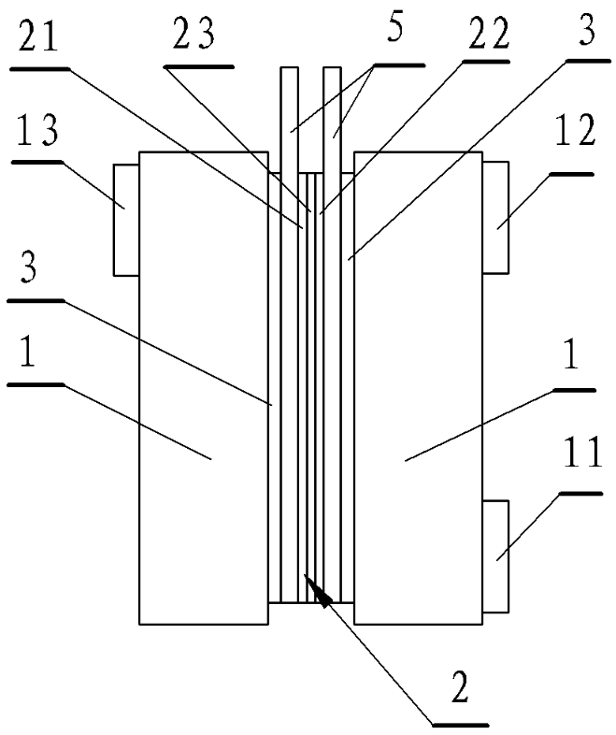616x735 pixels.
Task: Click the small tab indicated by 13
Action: click(125, 219)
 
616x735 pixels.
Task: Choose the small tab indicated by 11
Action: click(495, 556)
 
